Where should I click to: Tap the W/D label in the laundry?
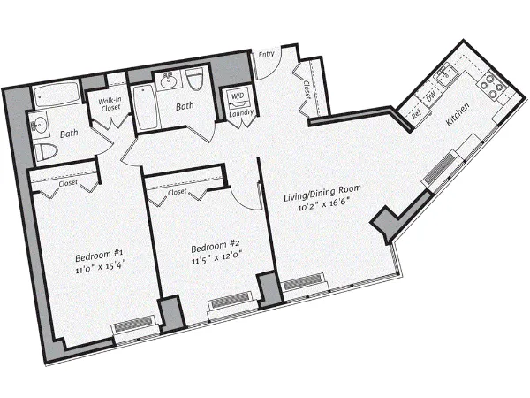[238, 96]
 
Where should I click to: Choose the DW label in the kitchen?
[429, 100]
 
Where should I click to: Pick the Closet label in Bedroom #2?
[177, 191]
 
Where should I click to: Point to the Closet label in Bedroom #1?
[68, 183]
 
